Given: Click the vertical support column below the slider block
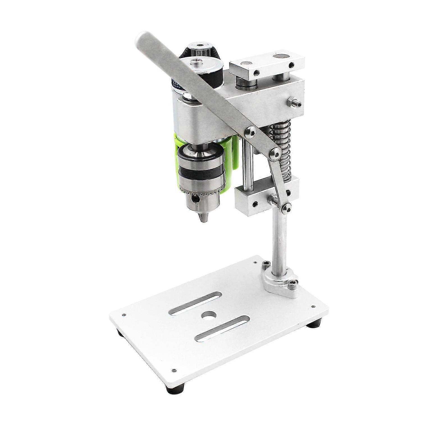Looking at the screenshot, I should coord(277,241).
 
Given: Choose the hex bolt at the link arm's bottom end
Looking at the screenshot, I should coord(286,207).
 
